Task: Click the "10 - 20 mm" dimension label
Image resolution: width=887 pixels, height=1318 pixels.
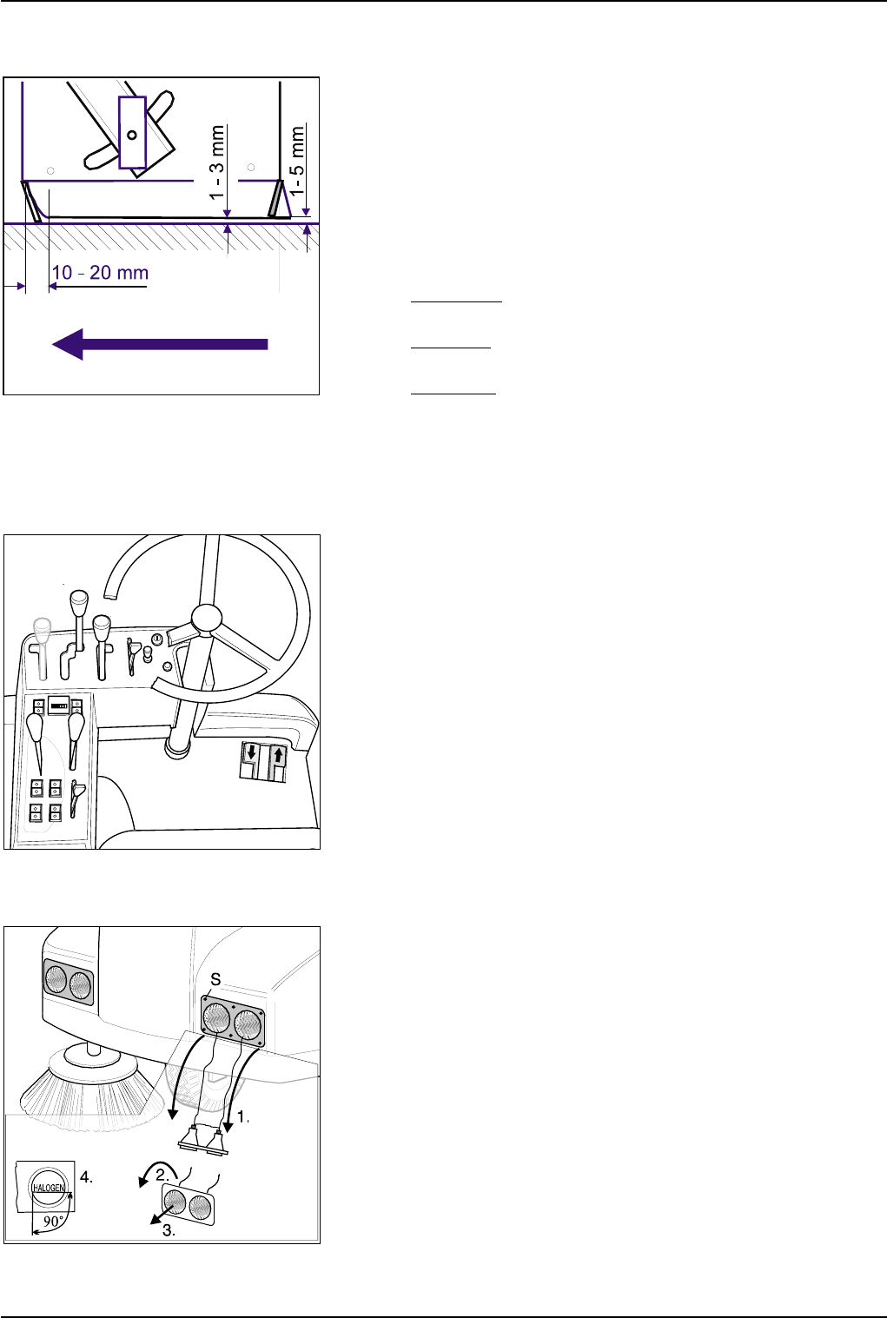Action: click(x=100, y=273)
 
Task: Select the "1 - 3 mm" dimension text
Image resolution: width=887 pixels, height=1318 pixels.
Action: click(x=217, y=163)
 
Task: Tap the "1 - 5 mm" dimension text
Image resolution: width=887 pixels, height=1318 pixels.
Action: click(x=298, y=160)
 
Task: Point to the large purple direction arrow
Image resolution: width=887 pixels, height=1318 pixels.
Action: click(x=160, y=344)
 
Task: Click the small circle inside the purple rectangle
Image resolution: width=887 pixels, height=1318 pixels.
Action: click(x=132, y=135)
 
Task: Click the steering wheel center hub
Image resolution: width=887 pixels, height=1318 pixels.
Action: click(x=206, y=618)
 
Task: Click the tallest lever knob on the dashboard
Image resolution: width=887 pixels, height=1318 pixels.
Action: click(x=79, y=602)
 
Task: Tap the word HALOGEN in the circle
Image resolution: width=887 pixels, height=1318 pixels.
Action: click(x=49, y=1188)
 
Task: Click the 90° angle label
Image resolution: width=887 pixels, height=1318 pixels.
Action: click(x=54, y=1221)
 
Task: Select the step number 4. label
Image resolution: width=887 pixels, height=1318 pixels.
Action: click(x=87, y=1177)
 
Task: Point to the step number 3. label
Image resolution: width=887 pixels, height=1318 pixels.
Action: click(x=169, y=1230)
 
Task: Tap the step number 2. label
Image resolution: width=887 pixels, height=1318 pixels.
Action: click(x=162, y=1175)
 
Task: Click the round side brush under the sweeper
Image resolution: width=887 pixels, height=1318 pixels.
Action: click(x=93, y=1090)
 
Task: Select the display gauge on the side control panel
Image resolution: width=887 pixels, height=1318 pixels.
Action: click(x=59, y=705)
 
